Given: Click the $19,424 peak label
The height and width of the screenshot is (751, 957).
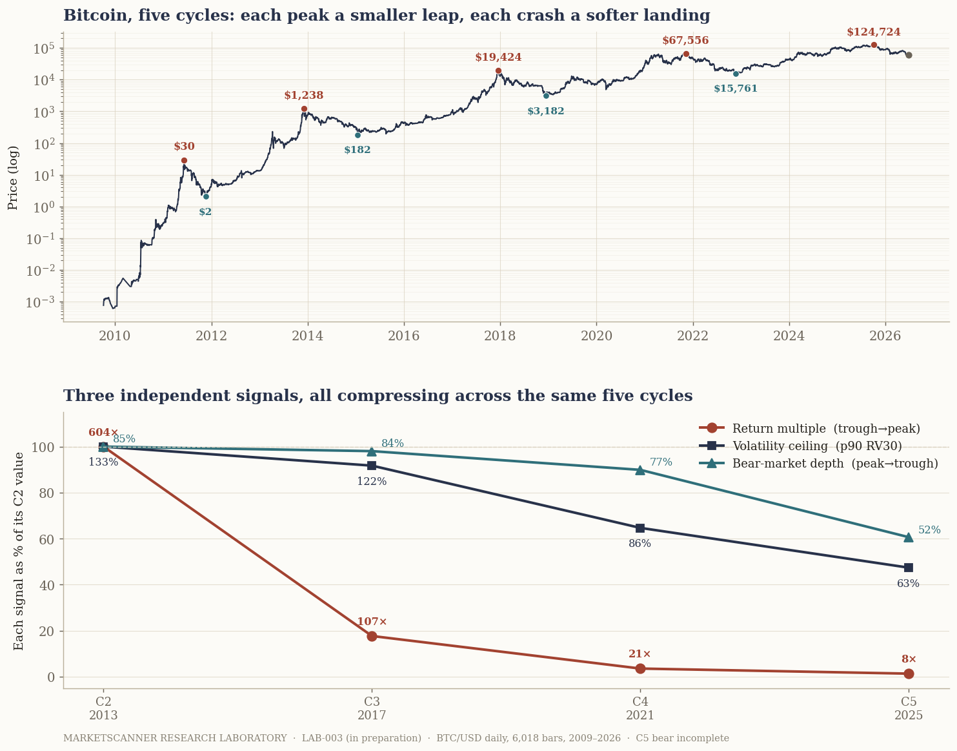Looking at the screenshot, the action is pyautogui.click(x=498, y=57).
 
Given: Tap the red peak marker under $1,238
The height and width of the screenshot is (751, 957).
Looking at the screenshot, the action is pyautogui.click(x=304, y=109).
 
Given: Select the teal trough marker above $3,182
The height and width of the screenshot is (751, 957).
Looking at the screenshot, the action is pyautogui.click(x=546, y=96).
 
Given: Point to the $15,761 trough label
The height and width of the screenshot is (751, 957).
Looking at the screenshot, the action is pyautogui.click(x=736, y=88).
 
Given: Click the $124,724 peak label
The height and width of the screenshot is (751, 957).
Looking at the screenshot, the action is pyautogui.click(x=874, y=32).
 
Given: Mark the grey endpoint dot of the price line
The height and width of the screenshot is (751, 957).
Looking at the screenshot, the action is pyautogui.click(x=909, y=55).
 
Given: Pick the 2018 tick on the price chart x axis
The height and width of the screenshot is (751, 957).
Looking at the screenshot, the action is pyautogui.click(x=500, y=336).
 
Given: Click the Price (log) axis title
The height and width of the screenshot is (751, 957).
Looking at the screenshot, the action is pyautogui.click(x=13, y=178).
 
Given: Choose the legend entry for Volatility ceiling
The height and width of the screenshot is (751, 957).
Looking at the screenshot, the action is pyautogui.click(x=801, y=446).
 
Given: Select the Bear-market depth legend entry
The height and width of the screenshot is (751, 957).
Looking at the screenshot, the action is pyautogui.click(x=818, y=463).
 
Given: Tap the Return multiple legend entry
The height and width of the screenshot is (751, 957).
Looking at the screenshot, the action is pyautogui.click(x=809, y=428).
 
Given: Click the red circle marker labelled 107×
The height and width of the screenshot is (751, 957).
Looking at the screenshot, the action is pyautogui.click(x=372, y=636).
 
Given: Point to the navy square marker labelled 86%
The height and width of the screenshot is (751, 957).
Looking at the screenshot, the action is pyautogui.click(x=640, y=528).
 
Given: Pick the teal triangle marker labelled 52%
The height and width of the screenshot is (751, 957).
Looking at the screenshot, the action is pyautogui.click(x=908, y=537).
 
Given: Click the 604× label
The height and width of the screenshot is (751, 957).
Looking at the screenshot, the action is pyautogui.click(x=103, y=433).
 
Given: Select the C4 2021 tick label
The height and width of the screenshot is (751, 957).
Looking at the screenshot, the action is pyautogui.click(x=640, y=708).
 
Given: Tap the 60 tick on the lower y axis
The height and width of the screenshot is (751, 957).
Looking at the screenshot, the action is pyautogui.click(x=46, y=539).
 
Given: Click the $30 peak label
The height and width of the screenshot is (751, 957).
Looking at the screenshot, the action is pyautogui.click(x=184, y=147).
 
